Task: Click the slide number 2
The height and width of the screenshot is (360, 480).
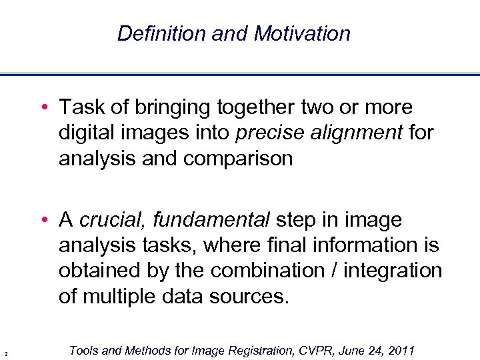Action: (x=5, y=353)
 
